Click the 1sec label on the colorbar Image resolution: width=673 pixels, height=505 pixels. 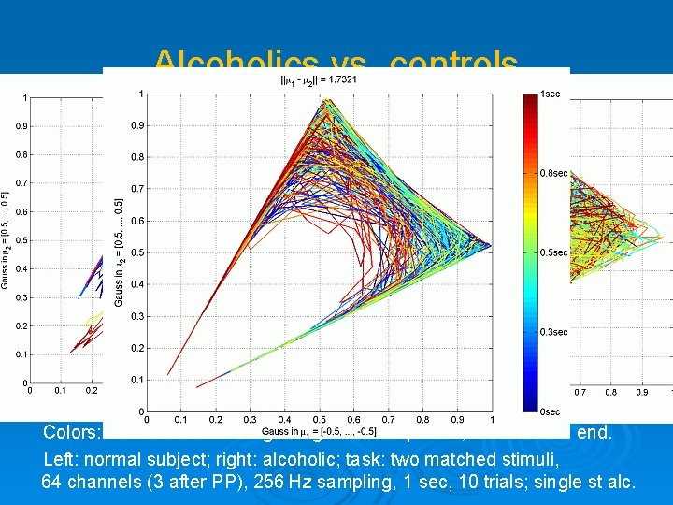coord(550,94)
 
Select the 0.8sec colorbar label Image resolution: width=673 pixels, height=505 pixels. coord(552,173)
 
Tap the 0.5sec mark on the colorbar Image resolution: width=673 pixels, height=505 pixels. coord(552,253)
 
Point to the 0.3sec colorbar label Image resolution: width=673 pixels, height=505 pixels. coord(552,332)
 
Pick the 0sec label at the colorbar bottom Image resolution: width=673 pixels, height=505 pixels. coord(550,412)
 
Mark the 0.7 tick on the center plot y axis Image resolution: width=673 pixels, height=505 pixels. coord(136,189)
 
